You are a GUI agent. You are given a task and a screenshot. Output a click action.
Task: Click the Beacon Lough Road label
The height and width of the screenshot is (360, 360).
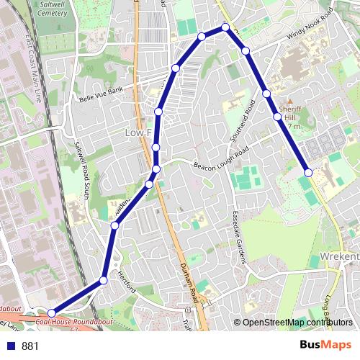point(220,160)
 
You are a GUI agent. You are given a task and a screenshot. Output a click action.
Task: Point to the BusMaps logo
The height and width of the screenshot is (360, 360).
point(327,346)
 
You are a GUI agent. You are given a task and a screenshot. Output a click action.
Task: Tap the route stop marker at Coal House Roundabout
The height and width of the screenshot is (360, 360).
point(52,312)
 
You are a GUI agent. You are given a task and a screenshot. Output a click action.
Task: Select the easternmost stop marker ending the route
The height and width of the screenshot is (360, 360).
point(308,173)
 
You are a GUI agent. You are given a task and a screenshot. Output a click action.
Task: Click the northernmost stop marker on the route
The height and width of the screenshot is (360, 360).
point(225,27)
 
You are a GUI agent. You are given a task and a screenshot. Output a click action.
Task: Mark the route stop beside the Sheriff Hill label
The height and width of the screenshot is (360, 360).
point(277,116)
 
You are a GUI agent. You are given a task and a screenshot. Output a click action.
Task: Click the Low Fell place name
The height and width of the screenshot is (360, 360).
point(139,133)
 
